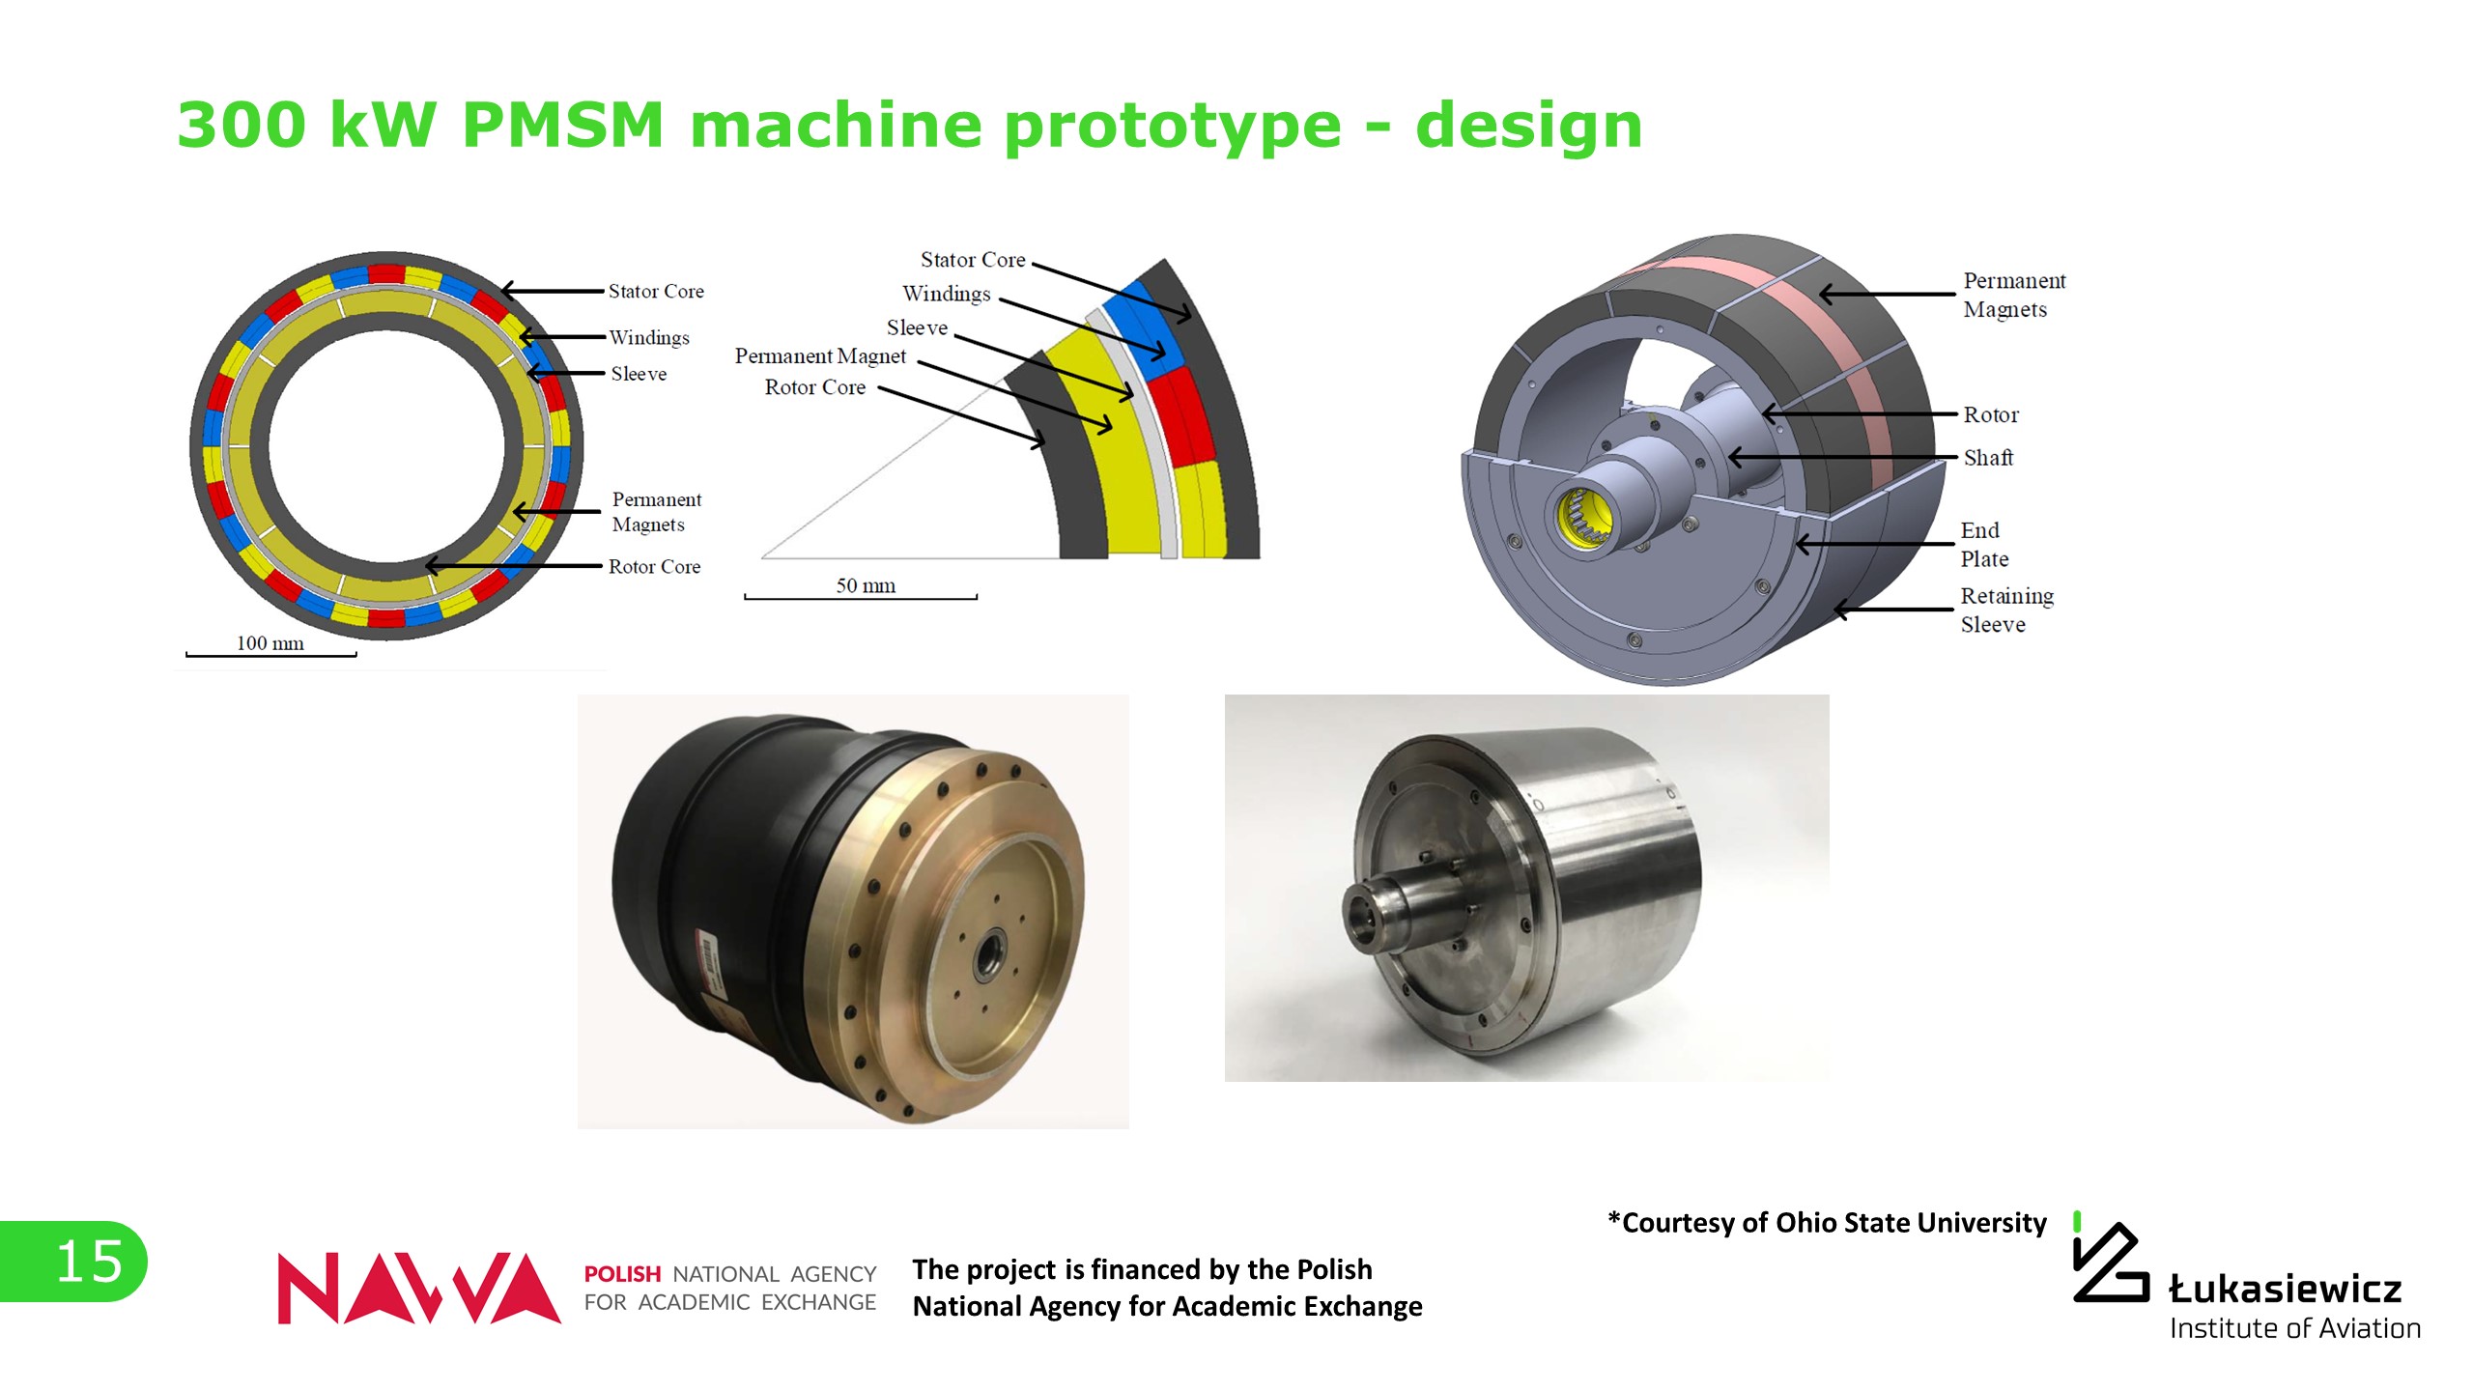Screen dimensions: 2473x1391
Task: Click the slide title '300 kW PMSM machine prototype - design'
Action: click(x=909, y=126)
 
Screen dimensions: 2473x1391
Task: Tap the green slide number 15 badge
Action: click(x=73, y=1261)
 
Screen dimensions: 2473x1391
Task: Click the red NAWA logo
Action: click(x=418, y=1288)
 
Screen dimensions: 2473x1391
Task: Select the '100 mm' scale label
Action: click(x=270, y=643)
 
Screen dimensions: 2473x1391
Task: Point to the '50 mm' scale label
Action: click(x=866, y=585)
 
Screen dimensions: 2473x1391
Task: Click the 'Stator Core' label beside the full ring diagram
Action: click(x=656, y=291)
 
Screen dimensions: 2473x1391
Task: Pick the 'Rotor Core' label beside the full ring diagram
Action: click(x=654, y=566)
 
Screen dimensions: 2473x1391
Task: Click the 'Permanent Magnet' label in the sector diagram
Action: click(x=820, y=355)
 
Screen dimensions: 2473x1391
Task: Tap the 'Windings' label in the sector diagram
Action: click(x=947, y=294)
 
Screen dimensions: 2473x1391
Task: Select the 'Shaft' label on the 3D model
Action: click(x=1988, y=457)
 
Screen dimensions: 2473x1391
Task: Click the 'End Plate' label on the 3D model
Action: click(x=1984, y=545)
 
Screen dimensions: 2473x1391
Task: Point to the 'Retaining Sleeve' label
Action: click(x=2006, y=610)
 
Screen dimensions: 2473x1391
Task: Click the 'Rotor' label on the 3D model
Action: click(x=1991, y=414)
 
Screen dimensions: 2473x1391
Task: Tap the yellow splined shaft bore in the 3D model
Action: click(x=1585, y=518)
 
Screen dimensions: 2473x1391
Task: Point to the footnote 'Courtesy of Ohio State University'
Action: click(x=1827, y=1222)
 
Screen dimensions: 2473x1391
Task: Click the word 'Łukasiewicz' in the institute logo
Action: click(x=2285, y=1288)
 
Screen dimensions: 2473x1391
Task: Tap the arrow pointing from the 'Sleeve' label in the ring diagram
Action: click(x=565, y=373)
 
